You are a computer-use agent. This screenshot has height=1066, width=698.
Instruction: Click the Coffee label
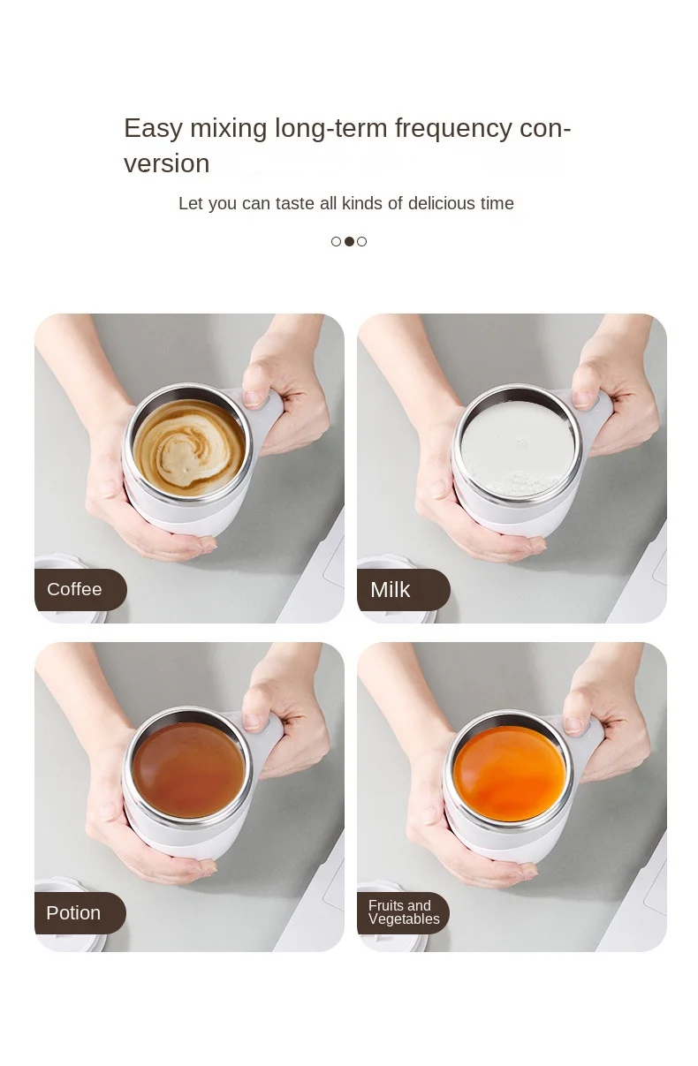tap(74, 589)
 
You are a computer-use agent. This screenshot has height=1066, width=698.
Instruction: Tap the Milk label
tap(390, 590)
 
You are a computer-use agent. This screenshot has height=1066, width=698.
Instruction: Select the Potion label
tap(73, 912)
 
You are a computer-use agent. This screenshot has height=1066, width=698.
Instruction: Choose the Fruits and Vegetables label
tap(404, 911)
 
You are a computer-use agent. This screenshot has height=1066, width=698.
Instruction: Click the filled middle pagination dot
tap(349, 241)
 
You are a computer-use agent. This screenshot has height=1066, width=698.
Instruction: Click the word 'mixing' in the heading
tap(229, 129)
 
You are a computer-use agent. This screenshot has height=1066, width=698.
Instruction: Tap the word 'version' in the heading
tap(167, 163)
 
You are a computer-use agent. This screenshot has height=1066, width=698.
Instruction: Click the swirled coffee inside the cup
tap(189, 448)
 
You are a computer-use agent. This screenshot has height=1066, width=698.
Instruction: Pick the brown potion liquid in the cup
tap(188, 770)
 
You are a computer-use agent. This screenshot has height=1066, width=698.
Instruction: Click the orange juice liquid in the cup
tap(510, 774)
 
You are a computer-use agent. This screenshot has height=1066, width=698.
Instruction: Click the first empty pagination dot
tap(336, 241)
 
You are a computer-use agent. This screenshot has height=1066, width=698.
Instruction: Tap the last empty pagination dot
tap(362, 241)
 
